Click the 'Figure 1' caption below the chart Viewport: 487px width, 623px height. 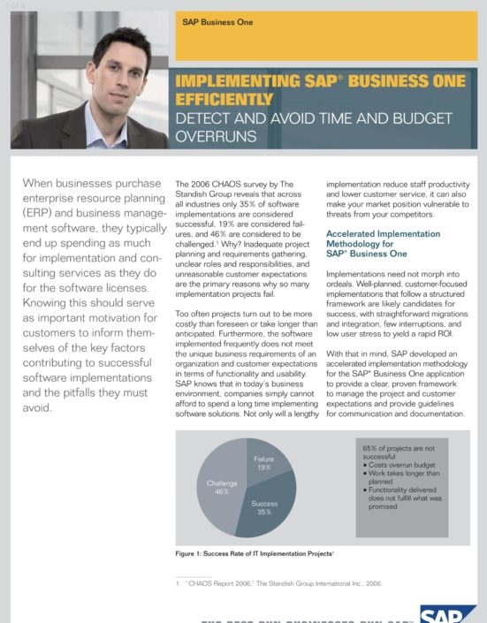(x=255, y=552)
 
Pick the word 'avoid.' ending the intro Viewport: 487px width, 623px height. (x=37, y=408)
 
